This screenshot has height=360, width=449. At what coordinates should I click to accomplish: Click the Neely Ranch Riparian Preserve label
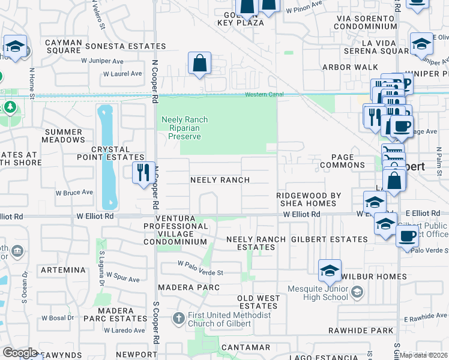pyautogui.click(x=184, y=128)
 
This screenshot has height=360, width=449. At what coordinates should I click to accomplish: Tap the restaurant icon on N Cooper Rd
pyautogui.click(x=143, y=173)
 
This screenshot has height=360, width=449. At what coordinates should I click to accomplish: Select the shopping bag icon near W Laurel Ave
pyautogui.click(x=199, y=62)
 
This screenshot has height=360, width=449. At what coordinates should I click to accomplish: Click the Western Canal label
pyautogui.click(x=264, y=95)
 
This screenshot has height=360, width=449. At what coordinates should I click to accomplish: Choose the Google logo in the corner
pyautogui.click(x=20, y=352)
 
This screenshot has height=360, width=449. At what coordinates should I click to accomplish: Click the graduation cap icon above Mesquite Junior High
pyautogui.click(x=330, y=271)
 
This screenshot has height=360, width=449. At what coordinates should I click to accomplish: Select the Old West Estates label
pyautogui.click(x=259, y=302)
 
